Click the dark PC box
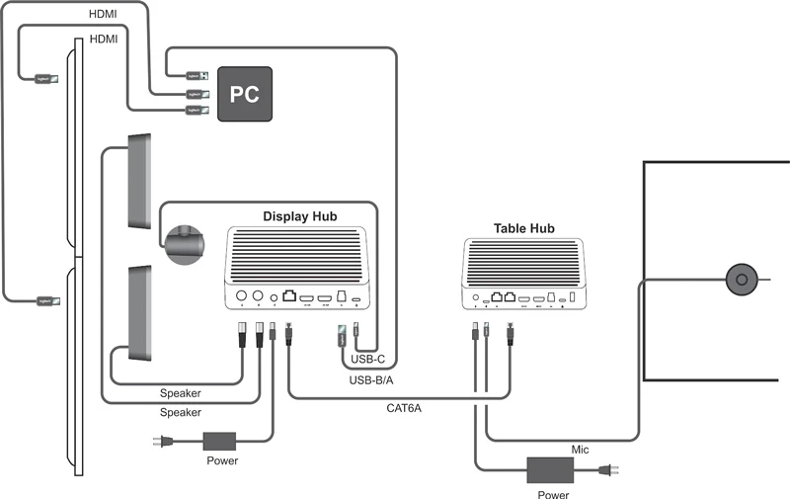tap(244, 94)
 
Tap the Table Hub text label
tap(523, 228)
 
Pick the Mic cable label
tap(581, 450)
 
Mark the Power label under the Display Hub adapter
tap(221, 460)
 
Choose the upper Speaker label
tap(180, 393)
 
